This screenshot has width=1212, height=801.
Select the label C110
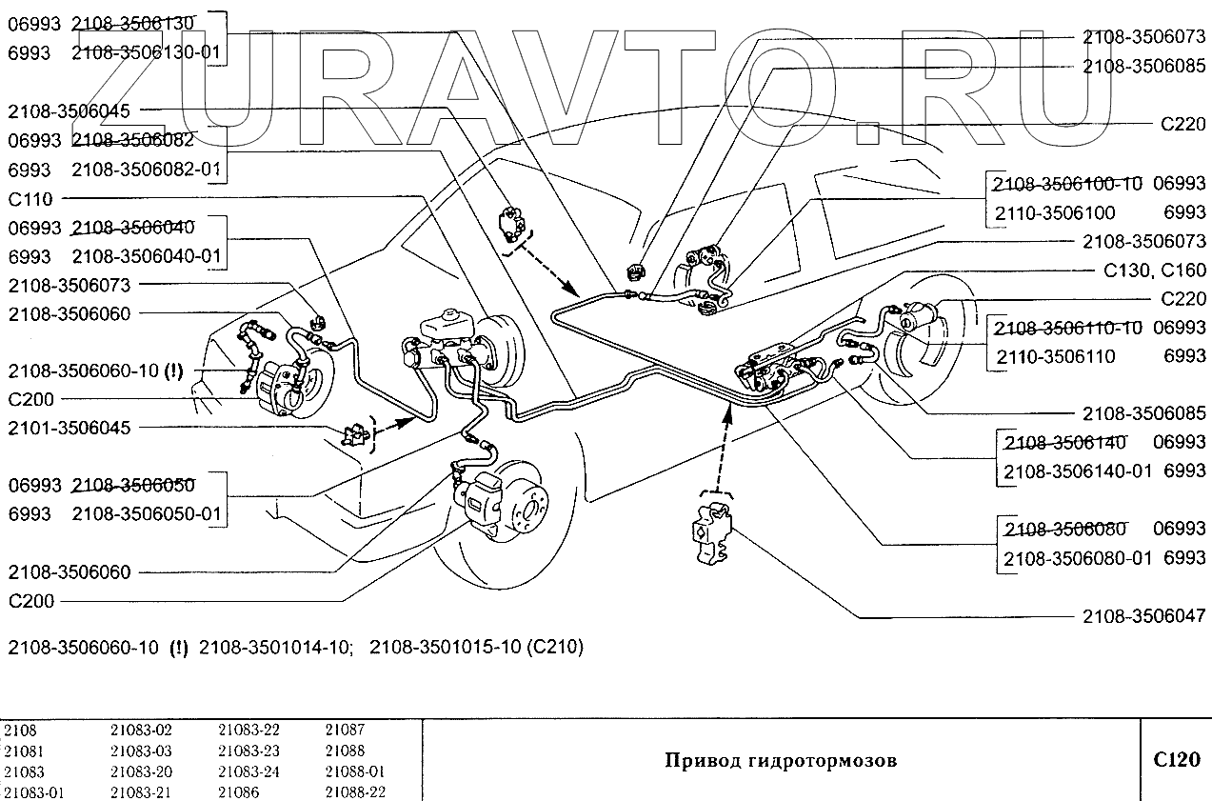[30, 199]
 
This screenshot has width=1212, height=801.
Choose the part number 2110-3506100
[1054, 212]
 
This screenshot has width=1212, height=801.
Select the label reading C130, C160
[1155, 270]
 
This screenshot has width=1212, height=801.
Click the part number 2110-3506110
[1054, 356]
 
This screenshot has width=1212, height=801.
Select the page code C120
[1175, 760]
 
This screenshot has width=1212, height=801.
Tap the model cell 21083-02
[142, 731]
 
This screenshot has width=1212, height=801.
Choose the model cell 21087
[345, 731]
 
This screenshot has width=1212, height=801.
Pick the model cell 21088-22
[355, 792]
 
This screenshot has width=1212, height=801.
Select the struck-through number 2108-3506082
[132, 140]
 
